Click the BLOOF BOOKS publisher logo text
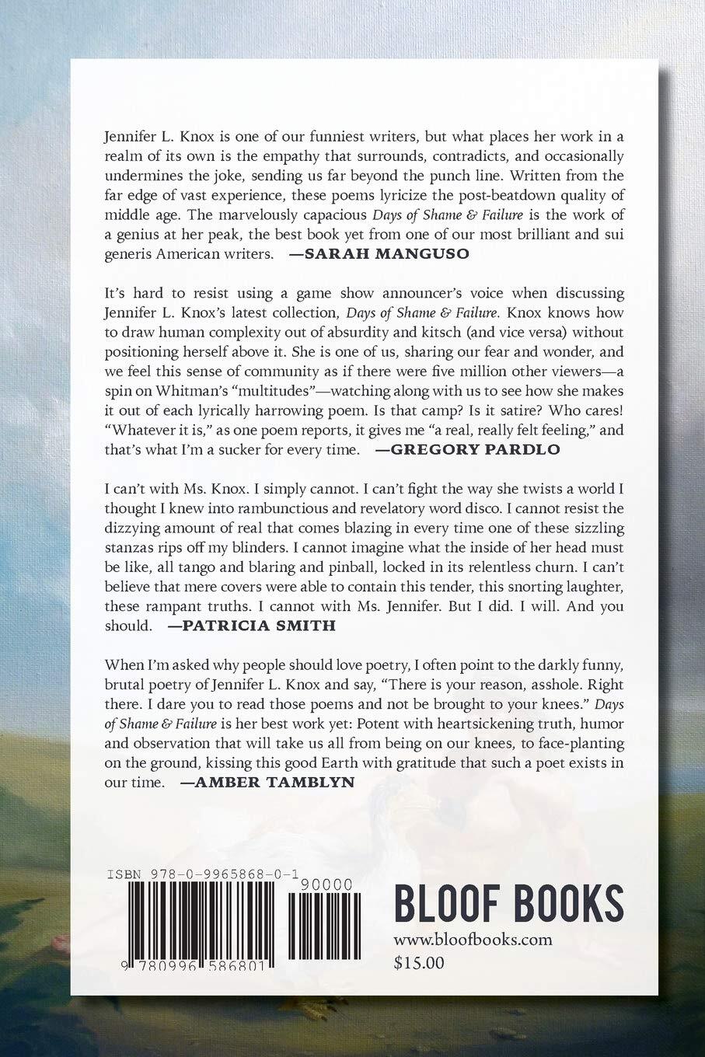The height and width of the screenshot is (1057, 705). (508, 902)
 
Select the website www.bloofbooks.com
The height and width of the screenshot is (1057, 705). (473, 940)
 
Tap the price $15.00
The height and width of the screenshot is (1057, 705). (419, 964)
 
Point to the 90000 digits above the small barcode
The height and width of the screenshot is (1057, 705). (329, 885)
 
